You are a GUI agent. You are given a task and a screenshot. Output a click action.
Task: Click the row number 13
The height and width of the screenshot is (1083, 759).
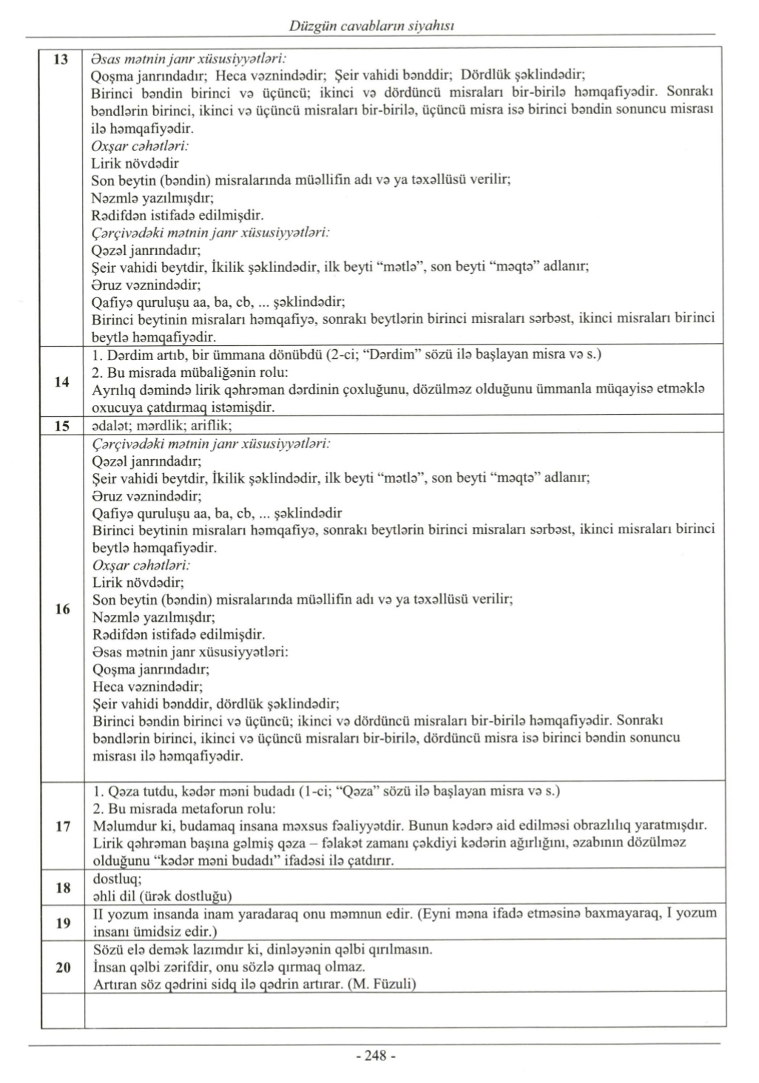[x=62, y=58]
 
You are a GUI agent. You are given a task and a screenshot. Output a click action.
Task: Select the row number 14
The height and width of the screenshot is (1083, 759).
[x=62, y=381]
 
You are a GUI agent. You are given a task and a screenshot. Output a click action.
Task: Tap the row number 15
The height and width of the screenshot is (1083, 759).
[x=62, y=426]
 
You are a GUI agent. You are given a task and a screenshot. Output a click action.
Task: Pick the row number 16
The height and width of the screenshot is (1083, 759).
[x=62, y=609]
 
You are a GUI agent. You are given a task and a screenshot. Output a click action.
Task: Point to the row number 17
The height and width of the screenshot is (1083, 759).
[x=62, y=826]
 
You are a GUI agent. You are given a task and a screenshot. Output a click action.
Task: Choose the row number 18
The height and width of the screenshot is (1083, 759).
[x=62, y=887]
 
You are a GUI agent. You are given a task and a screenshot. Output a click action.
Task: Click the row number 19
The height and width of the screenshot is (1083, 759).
[x=62, y=923]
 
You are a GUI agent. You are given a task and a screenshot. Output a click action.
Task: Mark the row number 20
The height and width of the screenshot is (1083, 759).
[x=62, y=967]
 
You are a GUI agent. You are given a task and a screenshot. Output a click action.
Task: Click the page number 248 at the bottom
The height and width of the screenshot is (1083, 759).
[x=377, y=1056]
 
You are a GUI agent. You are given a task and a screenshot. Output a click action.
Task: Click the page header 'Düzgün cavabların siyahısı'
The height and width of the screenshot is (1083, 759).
[x=372, y=26]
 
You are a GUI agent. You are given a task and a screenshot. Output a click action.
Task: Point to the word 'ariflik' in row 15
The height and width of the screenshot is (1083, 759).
[x=212, y=426]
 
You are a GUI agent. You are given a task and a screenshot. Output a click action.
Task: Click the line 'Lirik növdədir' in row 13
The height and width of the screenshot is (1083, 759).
[x=135, y=163]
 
